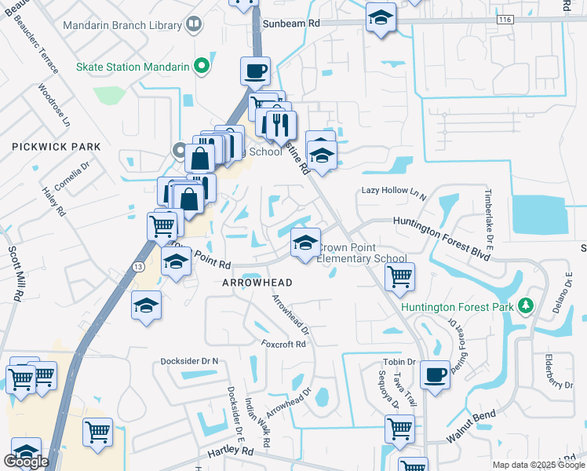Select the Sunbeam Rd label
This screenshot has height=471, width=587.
pos(291,24)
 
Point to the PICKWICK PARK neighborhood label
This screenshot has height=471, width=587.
pos(57,147)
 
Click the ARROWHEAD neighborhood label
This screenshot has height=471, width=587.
pos(257,283)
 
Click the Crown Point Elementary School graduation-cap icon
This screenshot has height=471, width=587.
pos(305,243)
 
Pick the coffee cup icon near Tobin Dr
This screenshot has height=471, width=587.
pos(434,374)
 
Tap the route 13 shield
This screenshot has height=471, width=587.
pos(138,267)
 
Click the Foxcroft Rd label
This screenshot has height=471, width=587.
pos(283,344)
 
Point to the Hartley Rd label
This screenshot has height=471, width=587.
pos(231,453)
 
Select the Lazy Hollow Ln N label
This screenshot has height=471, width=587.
pos(393,191)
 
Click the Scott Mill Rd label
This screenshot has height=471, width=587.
pos(15,274)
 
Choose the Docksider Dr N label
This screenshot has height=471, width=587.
pos(188,361)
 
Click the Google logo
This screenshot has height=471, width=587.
pos(26,462)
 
